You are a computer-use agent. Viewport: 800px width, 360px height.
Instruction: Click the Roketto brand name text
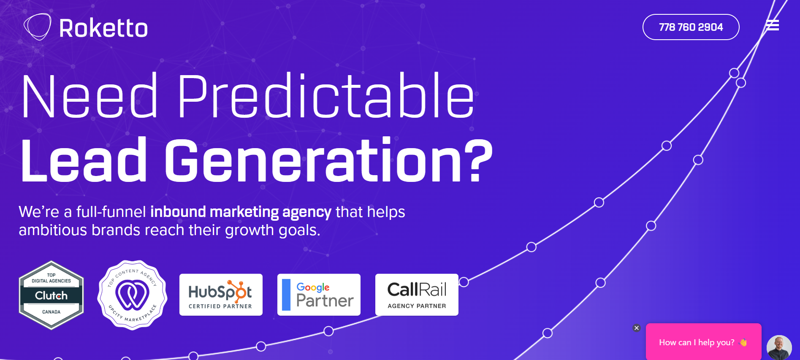point(103,28)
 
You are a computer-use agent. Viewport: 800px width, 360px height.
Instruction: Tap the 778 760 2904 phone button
point(691,27)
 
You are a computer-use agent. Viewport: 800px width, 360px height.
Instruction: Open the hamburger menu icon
point(773,25)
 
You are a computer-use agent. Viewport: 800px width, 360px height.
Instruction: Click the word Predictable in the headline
point(326,96)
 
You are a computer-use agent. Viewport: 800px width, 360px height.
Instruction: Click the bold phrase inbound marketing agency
point(241,212)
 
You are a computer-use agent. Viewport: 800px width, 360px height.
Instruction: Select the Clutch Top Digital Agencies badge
point(52,295)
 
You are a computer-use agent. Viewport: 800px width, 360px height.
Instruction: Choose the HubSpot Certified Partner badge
point(221,295)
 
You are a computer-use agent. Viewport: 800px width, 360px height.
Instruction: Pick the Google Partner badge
point(319,295)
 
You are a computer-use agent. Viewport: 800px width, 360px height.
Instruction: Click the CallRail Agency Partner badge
point(417,295)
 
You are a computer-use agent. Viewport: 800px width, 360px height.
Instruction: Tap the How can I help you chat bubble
point(703,342)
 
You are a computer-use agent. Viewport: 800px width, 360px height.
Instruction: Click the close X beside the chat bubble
point(637,328)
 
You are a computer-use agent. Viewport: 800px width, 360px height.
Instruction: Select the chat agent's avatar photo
point(779,348)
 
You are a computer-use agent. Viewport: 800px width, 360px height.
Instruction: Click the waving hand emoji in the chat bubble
point(743,343)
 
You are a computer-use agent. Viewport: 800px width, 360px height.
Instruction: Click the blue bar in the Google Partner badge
point(286,295)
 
